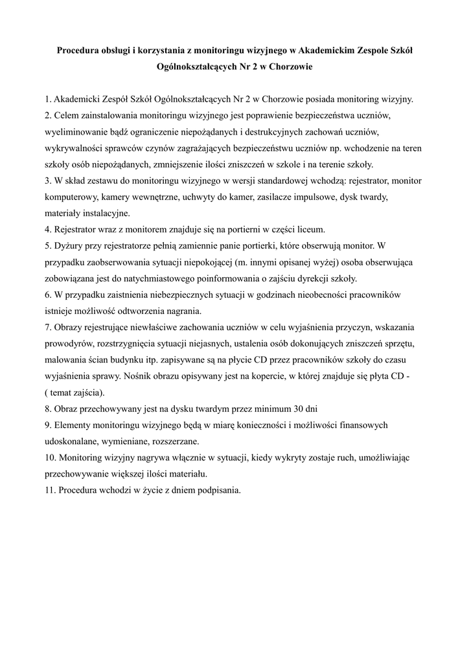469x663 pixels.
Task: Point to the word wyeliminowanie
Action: tap(77, 132)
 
